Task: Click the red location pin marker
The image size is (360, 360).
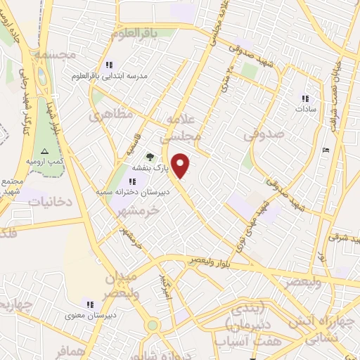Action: click(181, 166)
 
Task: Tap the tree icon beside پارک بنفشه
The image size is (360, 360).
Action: click(148, 156)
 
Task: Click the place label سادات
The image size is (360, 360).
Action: click(307, 110)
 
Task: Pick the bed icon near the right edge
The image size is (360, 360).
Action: click(324, 151)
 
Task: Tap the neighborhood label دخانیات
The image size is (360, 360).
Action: click(50, 202)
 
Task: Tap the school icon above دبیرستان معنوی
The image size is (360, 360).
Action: click(89, 304)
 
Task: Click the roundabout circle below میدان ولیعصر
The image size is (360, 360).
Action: click(152, 326)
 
